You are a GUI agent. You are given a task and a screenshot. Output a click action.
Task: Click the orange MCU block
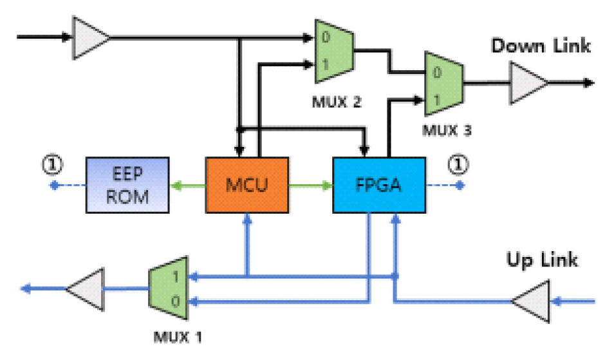click(247, 185)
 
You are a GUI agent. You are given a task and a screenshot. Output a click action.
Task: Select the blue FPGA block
click(378, 185)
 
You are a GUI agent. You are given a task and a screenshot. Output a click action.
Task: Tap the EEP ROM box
click(127, 185)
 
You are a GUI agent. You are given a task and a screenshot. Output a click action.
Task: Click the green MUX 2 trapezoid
click(331, 51)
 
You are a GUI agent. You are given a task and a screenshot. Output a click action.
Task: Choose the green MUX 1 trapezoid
click(168, 288)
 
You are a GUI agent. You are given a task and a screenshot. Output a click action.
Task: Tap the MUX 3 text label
click(446, 130)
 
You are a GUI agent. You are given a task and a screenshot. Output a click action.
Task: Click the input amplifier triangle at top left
click(89, 37)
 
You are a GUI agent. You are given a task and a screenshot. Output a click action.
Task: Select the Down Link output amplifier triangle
click(528, 82)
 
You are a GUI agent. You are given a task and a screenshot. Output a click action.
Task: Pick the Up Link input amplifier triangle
click(532, 300)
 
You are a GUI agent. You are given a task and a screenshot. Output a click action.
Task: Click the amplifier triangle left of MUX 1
click(86, 289)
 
